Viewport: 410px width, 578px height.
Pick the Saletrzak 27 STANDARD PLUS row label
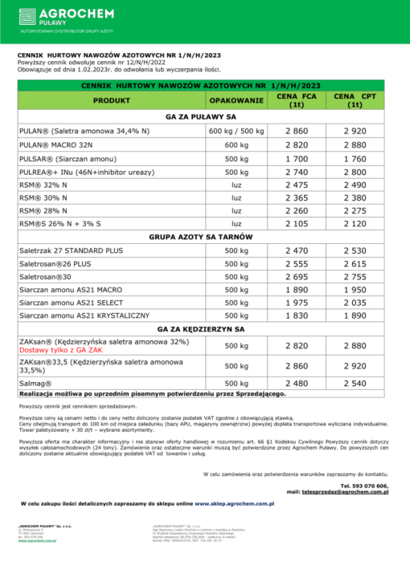click(x=68, y=252)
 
